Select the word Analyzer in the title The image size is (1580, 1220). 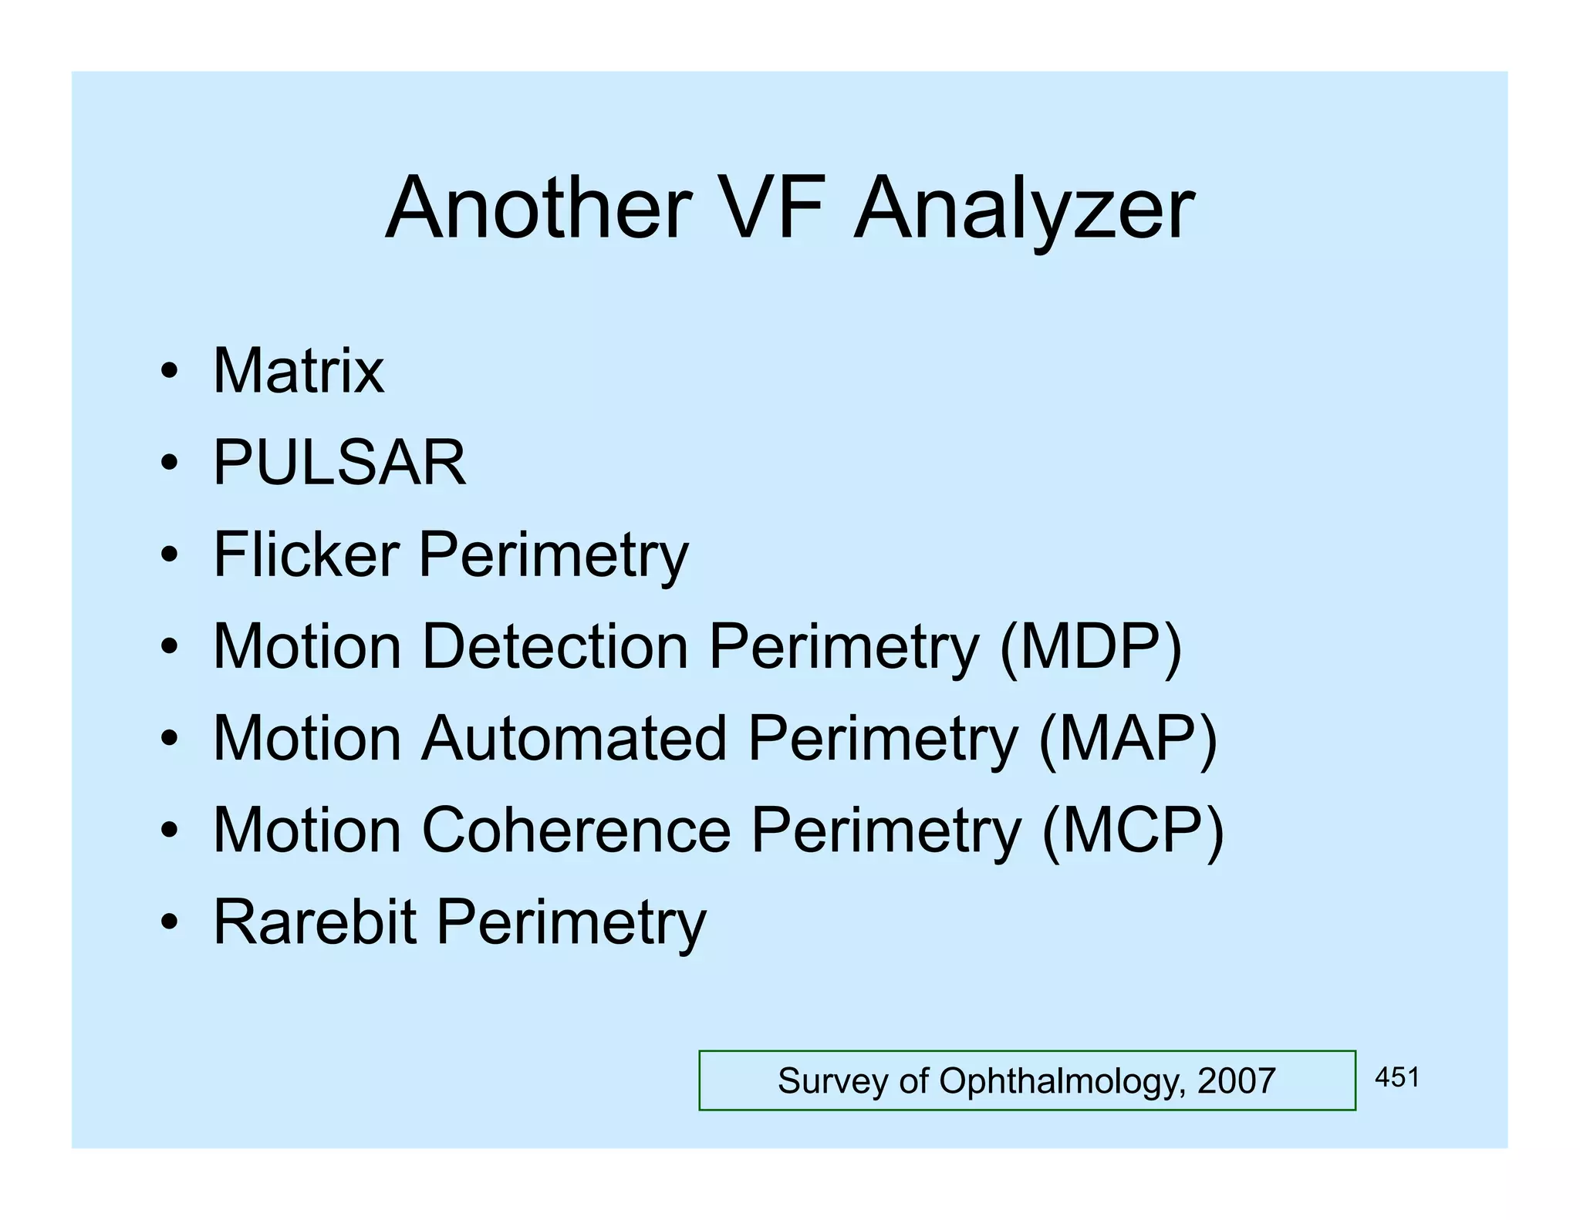pos(1025,210)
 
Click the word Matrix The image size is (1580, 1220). pos(298,371)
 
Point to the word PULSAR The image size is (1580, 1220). pos(339,463)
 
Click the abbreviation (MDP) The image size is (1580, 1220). pos(1090,646)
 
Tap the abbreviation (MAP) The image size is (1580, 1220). pos(1128,738)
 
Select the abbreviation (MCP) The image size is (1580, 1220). pos(1133,830)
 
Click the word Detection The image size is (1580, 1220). pos(555,646)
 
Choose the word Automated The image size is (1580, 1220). pos(574,738)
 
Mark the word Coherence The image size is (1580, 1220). pos(576,830)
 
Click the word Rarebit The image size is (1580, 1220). pos(315,922)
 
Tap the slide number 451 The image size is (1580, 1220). pos(1397,1077)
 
